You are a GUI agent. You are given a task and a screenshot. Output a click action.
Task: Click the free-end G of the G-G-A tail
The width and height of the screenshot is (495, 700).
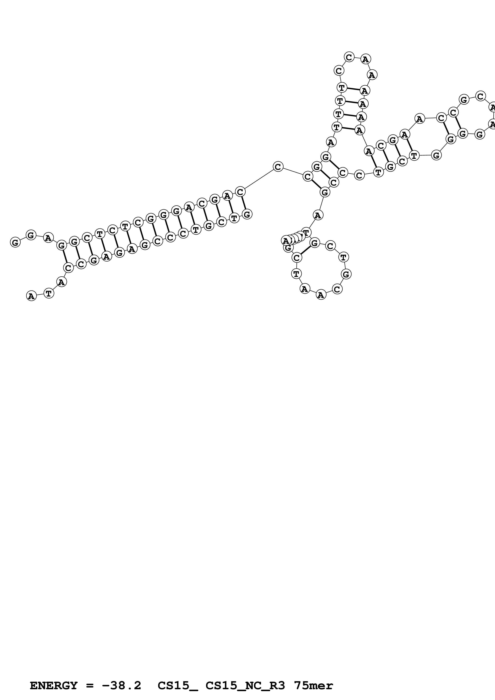(x=15, y=242)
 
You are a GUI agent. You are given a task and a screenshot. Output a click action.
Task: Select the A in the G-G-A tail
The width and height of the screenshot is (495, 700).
(x=48, y=237)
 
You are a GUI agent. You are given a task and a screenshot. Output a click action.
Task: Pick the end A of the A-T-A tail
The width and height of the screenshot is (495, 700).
(x=31, y=296)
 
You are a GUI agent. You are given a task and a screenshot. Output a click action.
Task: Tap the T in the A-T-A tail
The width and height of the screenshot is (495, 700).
(x=49, y=293)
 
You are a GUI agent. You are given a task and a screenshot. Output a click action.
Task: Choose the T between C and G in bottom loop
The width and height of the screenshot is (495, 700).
(x=343, y=257)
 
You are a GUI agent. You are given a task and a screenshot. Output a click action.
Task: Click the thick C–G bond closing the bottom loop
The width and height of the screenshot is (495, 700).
(x=305, y=250)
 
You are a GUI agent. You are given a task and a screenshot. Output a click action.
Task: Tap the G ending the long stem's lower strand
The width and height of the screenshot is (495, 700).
(x=247, y=214)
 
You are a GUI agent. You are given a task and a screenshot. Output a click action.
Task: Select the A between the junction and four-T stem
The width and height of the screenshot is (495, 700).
(x=331, y=142)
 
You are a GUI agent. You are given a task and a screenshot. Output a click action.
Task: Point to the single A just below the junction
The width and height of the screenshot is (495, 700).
(x=318, y=216)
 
